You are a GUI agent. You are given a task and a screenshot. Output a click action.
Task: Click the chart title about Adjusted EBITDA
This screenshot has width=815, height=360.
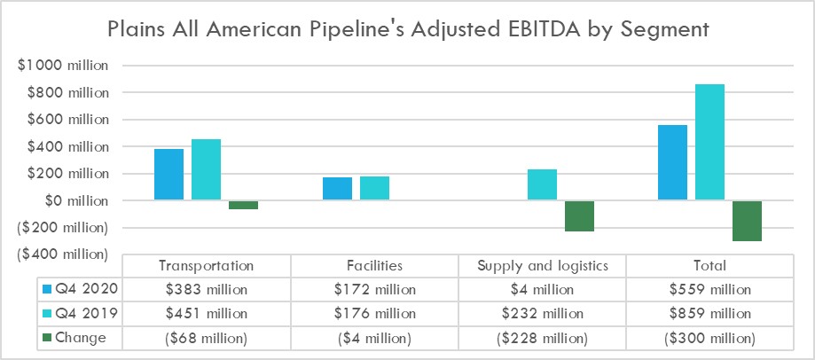pos(407,28)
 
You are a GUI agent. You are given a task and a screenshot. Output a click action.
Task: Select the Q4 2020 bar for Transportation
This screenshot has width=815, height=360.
pos(168,175)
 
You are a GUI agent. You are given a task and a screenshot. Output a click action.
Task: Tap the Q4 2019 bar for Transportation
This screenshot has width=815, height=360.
pos(206,170)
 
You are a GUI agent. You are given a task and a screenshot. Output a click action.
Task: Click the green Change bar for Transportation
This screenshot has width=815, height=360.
pos(243,205)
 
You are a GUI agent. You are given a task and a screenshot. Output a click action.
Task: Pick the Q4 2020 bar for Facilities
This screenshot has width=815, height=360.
pos(337,189)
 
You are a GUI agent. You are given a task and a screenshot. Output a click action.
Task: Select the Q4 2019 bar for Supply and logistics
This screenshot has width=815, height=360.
pos(542,185)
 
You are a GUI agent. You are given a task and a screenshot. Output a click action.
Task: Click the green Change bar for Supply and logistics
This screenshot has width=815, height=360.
pos(579,216)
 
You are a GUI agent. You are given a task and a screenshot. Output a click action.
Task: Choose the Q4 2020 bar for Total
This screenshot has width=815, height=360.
pos(672,163)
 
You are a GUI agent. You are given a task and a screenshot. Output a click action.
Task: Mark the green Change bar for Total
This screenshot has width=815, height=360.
pos(747,221)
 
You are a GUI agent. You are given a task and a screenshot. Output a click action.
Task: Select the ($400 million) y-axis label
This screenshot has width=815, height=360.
pos(62,255)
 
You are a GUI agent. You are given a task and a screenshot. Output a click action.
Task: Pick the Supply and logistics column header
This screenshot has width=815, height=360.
pos(542,266)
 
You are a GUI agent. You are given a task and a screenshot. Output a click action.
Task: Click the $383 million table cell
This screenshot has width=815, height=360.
pos(206,290)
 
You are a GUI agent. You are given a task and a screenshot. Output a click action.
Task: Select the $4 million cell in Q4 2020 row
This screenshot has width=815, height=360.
pos(542,290)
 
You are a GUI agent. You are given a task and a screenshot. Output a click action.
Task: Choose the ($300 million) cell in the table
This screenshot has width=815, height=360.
pos(710,338)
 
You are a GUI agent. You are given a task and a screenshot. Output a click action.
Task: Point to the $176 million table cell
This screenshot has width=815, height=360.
pos(374,314)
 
